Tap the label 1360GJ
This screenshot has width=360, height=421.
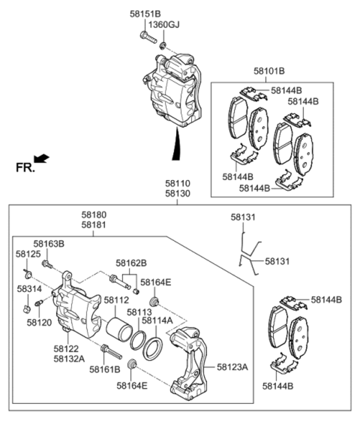tap(164, 25)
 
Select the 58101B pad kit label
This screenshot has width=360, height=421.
tap(269, 71)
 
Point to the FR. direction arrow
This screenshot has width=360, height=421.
tap(41, 158)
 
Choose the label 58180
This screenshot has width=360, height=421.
tap(94, 214)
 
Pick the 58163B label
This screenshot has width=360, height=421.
tap(49, 244)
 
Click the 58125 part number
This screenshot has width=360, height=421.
tap(28, 255)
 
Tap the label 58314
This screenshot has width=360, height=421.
tap(29, 289)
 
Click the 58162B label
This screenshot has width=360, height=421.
tap(131, 263)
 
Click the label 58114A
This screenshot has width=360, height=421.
tap(157, 321)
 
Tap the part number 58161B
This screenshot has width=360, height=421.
tap(105, 369)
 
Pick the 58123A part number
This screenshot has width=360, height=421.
tap(232, 366)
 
